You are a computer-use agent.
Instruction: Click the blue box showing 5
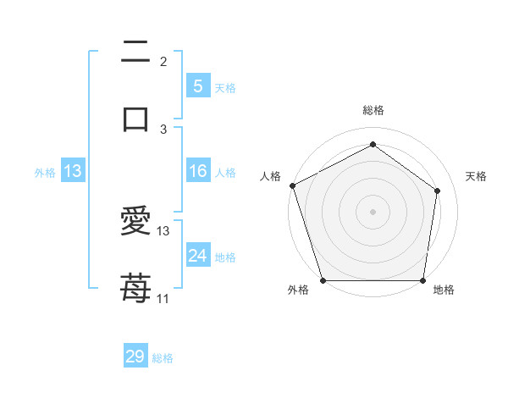(197, 86)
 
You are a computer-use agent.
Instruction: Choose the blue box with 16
(197, 172)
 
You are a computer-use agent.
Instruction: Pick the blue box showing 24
(197, 256)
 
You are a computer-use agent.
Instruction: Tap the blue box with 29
(135, 357)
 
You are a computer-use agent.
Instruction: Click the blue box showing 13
(73, 172)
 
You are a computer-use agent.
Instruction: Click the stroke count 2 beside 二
(163, 61)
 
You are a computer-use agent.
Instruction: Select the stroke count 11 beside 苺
(163, 298)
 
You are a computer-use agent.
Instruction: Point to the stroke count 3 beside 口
(163, 129)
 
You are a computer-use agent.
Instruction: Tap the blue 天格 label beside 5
(225, 87)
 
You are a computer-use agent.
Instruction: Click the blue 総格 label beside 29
(163, 358)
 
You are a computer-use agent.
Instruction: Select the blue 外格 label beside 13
(45, 173)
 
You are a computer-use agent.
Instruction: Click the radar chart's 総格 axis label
(373, 110)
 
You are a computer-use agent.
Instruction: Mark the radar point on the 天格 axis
(438, 190)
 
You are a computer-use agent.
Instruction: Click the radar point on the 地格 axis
(422, 279)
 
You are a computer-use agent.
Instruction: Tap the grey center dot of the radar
(373, 211)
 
